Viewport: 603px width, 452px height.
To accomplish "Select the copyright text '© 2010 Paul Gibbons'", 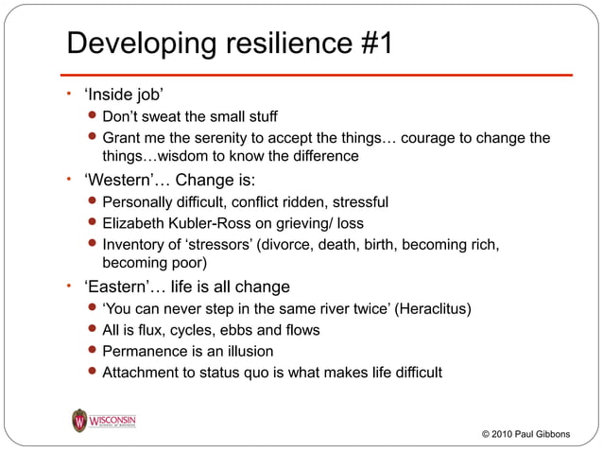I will point(525,434).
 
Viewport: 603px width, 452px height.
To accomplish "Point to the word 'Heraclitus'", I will point(430,309).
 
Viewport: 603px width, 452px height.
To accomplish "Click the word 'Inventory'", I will point(133,246).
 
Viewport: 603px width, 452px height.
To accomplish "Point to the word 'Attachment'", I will point(143,372).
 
